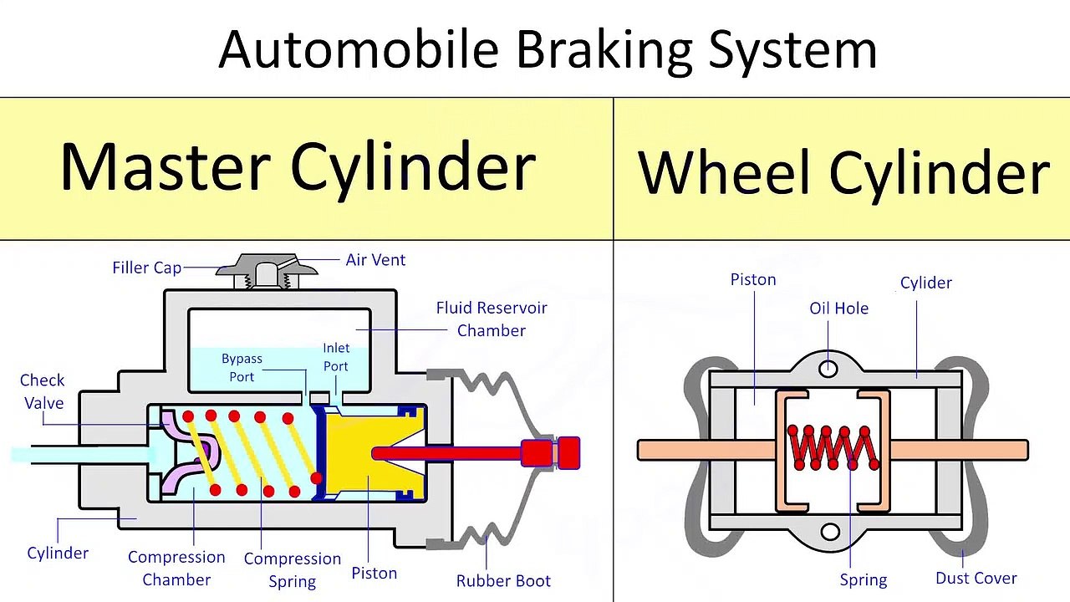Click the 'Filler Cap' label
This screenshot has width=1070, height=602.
[146, 268]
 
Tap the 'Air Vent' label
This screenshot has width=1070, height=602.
[375, 260]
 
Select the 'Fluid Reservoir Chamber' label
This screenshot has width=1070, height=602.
[492, 319]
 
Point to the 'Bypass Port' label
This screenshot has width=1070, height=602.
[242, 367]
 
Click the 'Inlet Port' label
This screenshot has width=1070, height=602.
[336, 357]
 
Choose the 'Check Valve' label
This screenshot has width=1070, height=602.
[43, 391]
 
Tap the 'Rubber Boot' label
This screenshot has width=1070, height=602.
[503, 580]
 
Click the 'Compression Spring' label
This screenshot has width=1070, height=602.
[293, 569]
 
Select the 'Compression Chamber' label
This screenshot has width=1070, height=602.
[176, 568]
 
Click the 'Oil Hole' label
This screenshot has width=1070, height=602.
[838, 309]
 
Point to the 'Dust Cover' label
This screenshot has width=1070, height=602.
[976, 578]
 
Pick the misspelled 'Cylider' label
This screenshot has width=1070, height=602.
[925, 283]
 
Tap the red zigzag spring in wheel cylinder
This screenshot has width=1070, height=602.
[833, 448]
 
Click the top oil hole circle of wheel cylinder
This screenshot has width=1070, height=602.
[828, 368]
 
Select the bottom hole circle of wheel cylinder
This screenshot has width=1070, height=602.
[830, 532]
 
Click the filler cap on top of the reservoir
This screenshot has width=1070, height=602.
[267, 269]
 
